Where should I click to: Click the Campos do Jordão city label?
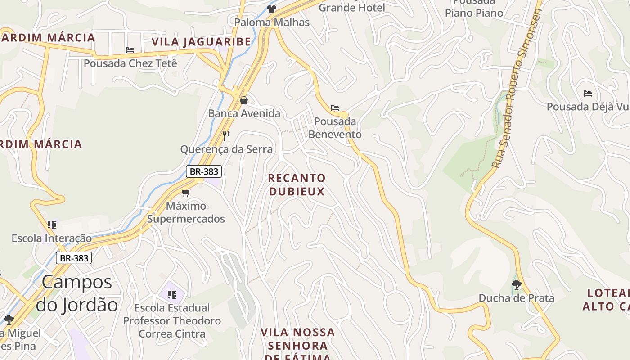coord(76,293)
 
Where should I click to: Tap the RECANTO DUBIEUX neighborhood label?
coord(297,185)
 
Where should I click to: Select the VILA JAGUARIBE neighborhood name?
coord(201,42)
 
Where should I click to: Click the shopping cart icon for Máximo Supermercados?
coord(185,193)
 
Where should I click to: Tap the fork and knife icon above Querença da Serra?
coord(226,135)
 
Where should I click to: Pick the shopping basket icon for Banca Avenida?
coord(243,100)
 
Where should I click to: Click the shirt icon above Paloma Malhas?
coord(271,9)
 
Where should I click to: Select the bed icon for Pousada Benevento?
coord(335,108)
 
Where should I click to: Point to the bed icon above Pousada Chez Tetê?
coord(130,50)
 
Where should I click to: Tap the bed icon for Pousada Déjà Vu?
coord(587,94)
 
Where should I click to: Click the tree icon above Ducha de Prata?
coord(516,284)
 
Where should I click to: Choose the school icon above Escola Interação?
coord(51,225)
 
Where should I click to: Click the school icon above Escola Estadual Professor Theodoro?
coord(171,294)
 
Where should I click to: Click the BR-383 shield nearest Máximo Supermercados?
coord(204,171)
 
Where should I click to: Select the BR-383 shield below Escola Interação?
coord(74,258)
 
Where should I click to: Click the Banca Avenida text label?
coord(244,113)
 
